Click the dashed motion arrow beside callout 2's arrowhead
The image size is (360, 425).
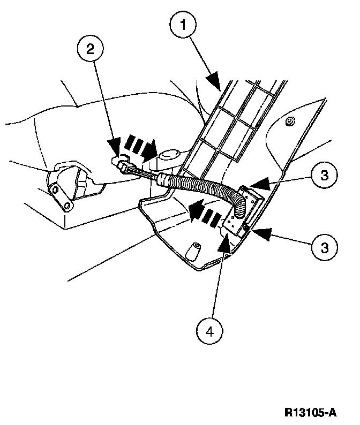pyautogui.click(x=140, y=146)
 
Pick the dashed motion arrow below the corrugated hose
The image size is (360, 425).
pyautogui.click(x=203, y=212)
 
